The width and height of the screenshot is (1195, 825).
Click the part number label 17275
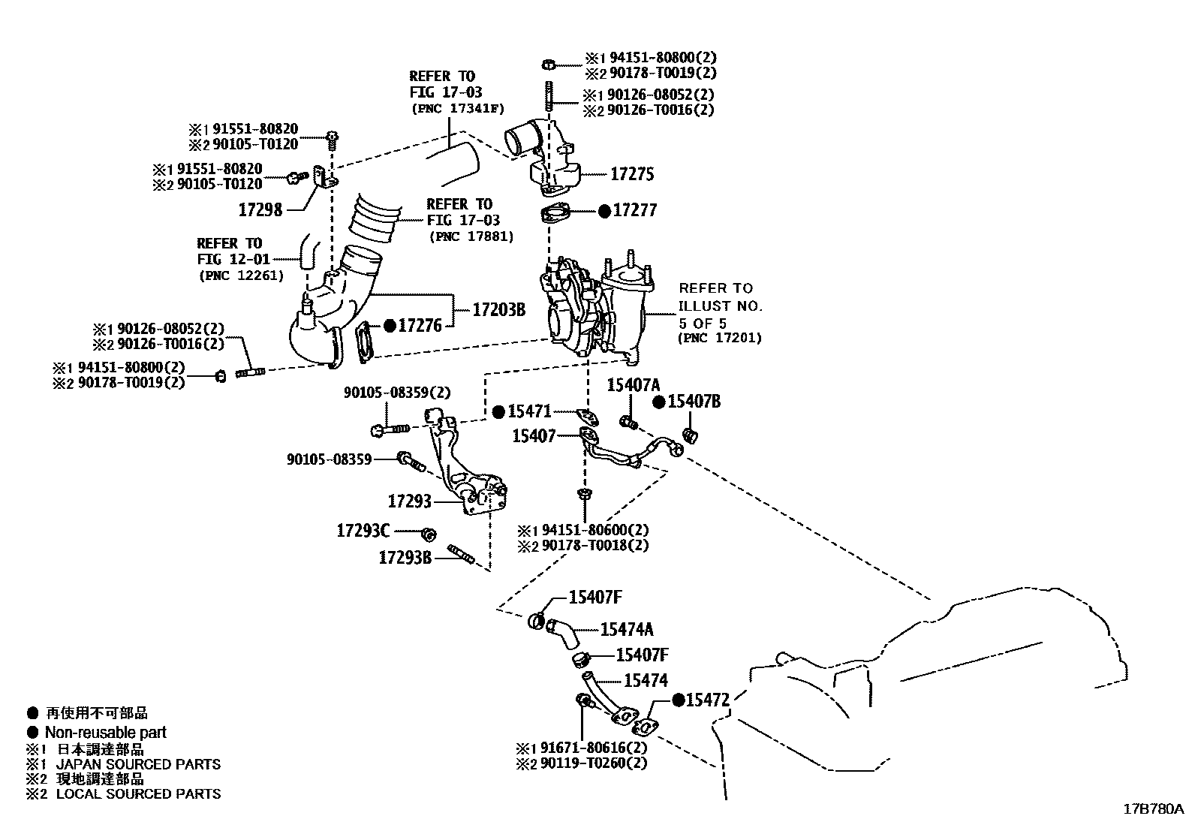pos(632,174)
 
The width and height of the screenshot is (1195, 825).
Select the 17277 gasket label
pos(635,210)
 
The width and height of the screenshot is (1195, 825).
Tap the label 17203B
pos(498,309)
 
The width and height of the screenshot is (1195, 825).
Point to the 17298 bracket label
pos(260,210)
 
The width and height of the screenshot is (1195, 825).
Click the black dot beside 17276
pos(390,326)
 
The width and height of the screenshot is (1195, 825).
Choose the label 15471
pos(529,411)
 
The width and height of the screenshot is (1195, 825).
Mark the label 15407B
pos(694,402)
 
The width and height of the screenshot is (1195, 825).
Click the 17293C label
pos(363,531)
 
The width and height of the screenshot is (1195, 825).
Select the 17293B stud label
pos(405,557)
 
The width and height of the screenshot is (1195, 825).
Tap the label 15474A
pos(627,629)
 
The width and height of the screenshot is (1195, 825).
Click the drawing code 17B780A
pos(1153,809)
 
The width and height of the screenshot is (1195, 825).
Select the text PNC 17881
pos(471,236)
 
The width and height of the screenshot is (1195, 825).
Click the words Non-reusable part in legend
pos(106,732)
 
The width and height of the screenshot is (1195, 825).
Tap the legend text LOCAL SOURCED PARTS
pos(139,793)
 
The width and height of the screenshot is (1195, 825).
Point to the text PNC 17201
pos(720,338)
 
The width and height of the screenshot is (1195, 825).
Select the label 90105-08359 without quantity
pos(329,458)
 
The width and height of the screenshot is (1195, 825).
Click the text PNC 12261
pos(241,276)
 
